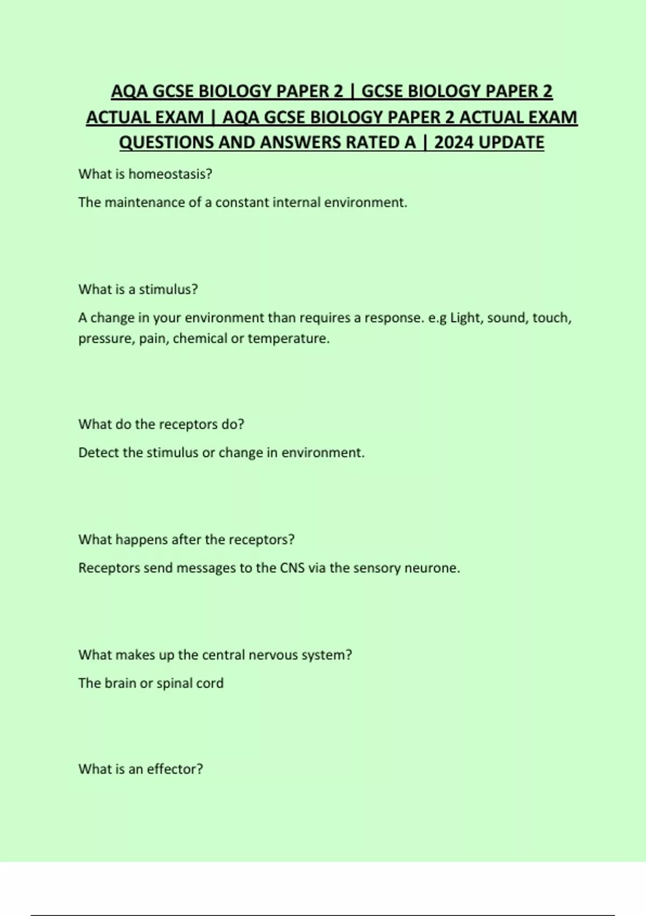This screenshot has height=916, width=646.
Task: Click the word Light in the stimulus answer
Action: click(467, 318)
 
